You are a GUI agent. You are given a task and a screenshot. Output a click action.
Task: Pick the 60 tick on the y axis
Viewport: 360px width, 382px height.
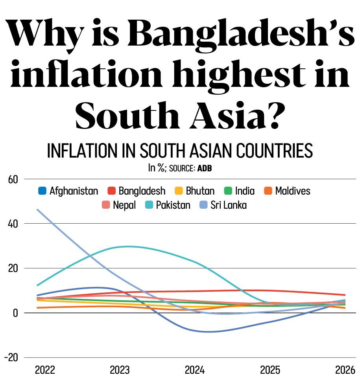tap(13, 180)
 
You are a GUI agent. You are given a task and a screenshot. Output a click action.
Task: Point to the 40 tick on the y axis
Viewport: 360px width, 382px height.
tap(13, 224)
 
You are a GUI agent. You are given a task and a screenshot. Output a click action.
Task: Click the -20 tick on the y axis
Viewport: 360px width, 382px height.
tap(11, 358)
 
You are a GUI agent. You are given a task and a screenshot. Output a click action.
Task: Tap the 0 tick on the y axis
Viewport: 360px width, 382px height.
tap(15, 313)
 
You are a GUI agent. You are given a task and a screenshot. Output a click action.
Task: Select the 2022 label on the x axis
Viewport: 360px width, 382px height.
tap(45, 370)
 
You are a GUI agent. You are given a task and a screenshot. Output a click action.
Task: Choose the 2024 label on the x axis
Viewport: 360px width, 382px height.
tap(195, 370)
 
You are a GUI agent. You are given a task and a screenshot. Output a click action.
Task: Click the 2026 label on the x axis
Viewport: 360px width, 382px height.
tap(345, 370)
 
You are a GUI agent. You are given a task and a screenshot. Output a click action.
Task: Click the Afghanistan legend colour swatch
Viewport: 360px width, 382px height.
tap(42, 191)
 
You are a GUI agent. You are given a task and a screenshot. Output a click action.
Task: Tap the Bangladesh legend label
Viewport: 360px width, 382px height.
tap(142, 191)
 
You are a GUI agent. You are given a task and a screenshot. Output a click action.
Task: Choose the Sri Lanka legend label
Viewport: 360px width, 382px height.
tap(229, 205)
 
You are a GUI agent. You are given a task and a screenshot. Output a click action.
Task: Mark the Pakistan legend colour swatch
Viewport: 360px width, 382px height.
tap(150, 205)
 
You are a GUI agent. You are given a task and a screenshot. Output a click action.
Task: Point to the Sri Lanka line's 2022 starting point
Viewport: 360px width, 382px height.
tap(37, 209)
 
